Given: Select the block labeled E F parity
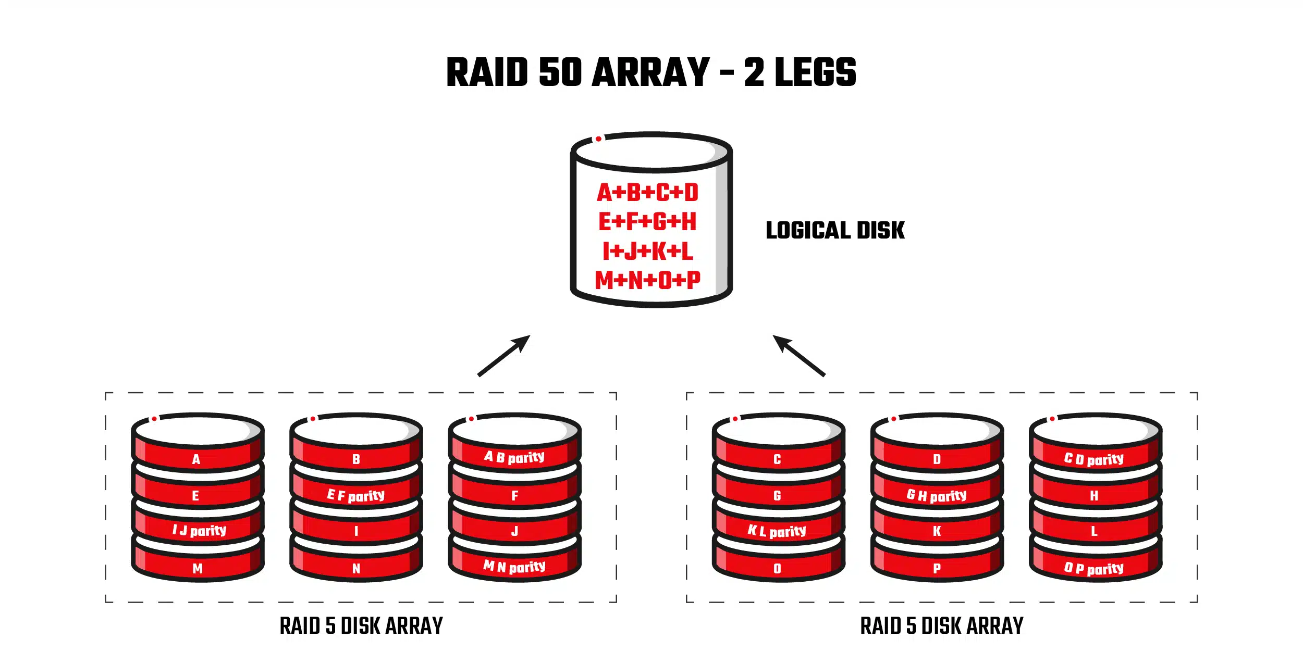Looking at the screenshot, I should (x=356, y=495).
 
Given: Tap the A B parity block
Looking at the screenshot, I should (x=514, y=457).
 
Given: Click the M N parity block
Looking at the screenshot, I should (x=514, y=567).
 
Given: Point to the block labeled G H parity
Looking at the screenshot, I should (x=937, y=495).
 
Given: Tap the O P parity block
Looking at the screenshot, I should (x=1094, y=568).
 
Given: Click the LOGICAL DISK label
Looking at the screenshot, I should (x=835, y=230).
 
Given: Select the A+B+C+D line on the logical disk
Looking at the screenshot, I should (x=648, y=192).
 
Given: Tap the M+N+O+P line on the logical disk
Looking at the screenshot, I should (x=648, y=280).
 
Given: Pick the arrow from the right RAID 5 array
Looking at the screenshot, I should (x=798, y=355).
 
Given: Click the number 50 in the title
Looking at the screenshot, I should (x=560, y=72).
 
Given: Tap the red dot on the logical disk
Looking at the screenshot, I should (x=599, y=139).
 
